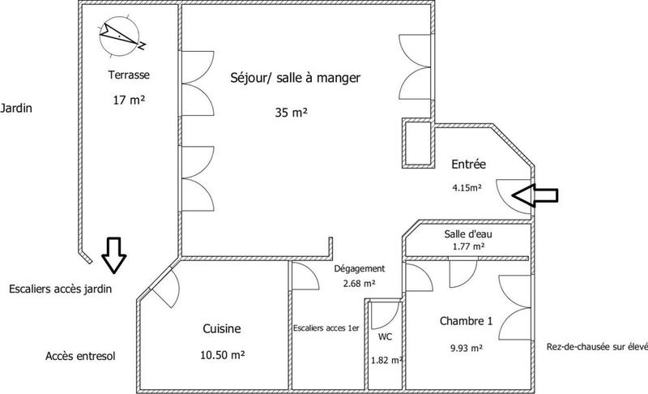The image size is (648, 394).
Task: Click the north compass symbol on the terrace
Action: tap(121, 35)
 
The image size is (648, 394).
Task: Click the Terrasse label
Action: tap(129, 75)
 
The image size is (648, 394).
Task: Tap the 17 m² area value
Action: tap(129, 101)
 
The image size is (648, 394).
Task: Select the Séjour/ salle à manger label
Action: tap(296, 78)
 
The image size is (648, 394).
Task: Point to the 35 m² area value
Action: tap(291, 112)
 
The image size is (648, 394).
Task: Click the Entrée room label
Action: tap(467, 165)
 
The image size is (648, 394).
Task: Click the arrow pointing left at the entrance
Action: tap(536, 195)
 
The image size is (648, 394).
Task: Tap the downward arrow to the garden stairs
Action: tap(113, 255)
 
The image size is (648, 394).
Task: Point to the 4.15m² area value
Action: tap(467, 187)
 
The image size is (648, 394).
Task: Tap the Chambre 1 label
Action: tap(466, 320)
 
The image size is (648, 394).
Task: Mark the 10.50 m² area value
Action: tap(222, 355)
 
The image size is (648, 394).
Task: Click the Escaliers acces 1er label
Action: tap(325, 328)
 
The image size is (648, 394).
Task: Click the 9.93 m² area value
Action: tap(466, 349)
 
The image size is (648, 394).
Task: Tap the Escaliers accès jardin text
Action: tap(59, 288)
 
